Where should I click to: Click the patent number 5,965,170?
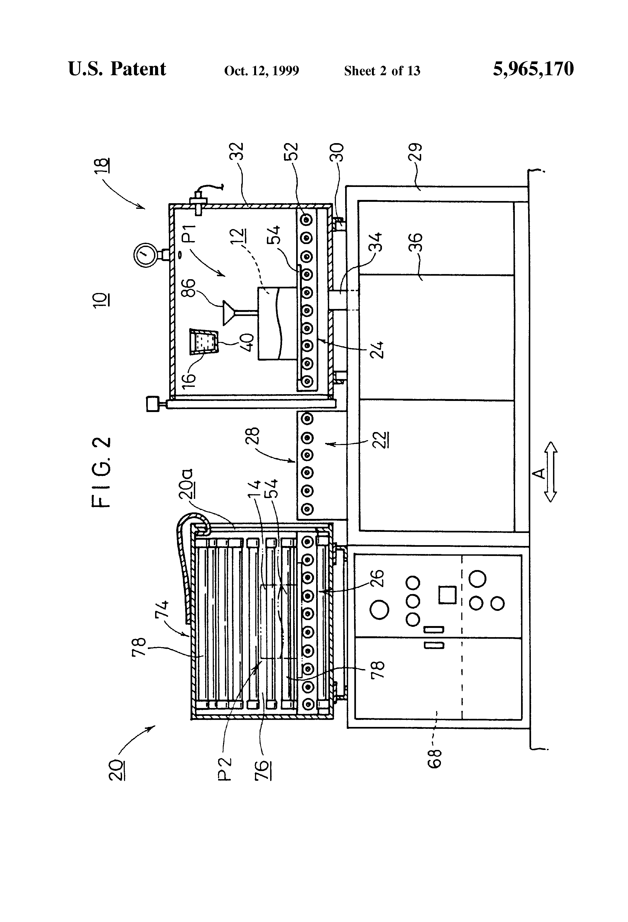533,69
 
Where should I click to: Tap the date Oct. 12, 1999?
261,71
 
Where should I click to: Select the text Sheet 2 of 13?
382,71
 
